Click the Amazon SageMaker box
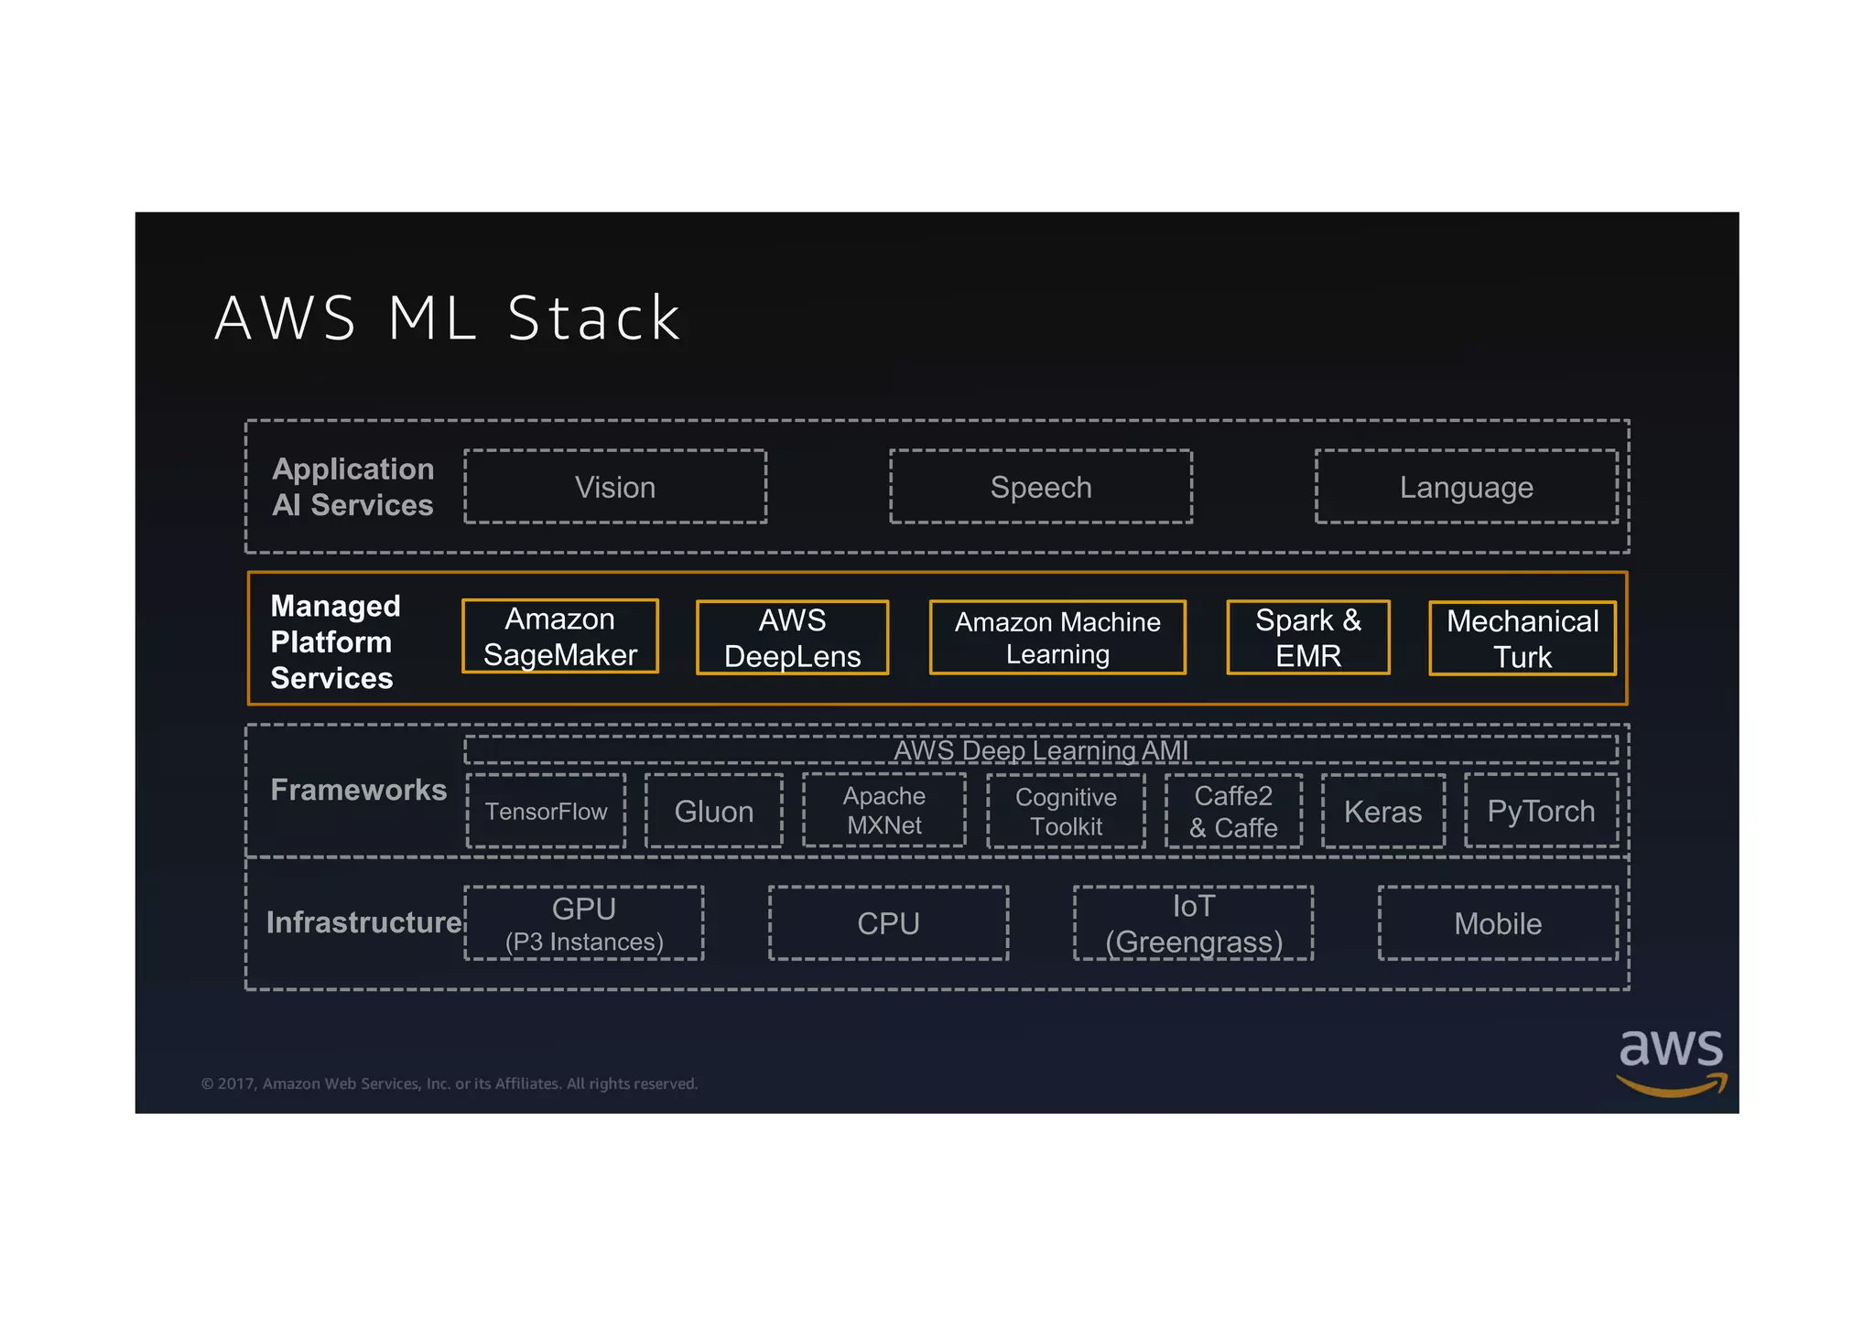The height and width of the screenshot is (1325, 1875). point(559,637)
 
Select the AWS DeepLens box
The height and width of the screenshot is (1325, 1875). point(792,638)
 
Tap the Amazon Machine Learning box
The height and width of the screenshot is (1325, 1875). point(1057,638)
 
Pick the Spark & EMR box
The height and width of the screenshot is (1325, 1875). point(1307,638)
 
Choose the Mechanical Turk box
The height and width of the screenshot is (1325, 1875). point(1522,639)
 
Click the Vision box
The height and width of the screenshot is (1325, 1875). point(615,487)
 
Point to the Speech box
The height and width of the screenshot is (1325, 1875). point(1041,487)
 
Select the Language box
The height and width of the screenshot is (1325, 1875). point(1466,487)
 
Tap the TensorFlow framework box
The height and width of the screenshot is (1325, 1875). point(547,812)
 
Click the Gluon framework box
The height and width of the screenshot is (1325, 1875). point(714,812)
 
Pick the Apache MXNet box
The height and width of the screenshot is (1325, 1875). point(883,811)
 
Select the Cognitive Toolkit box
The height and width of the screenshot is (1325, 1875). point(1066,812)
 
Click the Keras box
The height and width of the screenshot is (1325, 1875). point(1382,812)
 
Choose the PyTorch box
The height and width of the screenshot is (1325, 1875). point(1541,812)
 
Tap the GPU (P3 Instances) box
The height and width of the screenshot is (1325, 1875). point(584,923)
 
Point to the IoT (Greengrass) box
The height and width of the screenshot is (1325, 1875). point(1193,923)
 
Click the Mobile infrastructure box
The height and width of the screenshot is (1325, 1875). point(1498,923)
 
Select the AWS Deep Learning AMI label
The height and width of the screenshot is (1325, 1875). point(1041,750)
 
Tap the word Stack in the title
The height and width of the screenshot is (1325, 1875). point(594,318)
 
